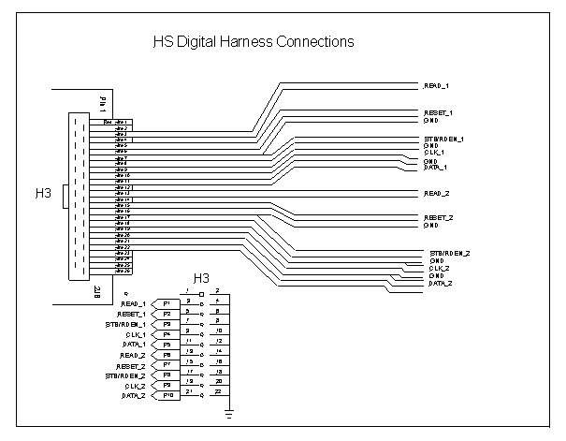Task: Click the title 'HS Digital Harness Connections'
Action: coord(253,43)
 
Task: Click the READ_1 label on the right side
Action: coord(437,86)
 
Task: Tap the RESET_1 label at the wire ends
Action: coord(438,113)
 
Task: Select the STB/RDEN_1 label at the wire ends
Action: coord(443,140)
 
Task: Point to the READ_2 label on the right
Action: coord(437,193)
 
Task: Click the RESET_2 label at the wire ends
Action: coord(438,218)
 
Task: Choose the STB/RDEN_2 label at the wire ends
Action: coord(450,254)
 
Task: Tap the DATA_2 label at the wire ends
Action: coord(441,283)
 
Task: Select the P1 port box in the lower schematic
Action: coord(167,304)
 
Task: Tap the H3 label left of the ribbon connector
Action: coord(43,194)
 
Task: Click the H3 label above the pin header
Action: coord(200,278)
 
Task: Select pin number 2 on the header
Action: coord(218,291)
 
